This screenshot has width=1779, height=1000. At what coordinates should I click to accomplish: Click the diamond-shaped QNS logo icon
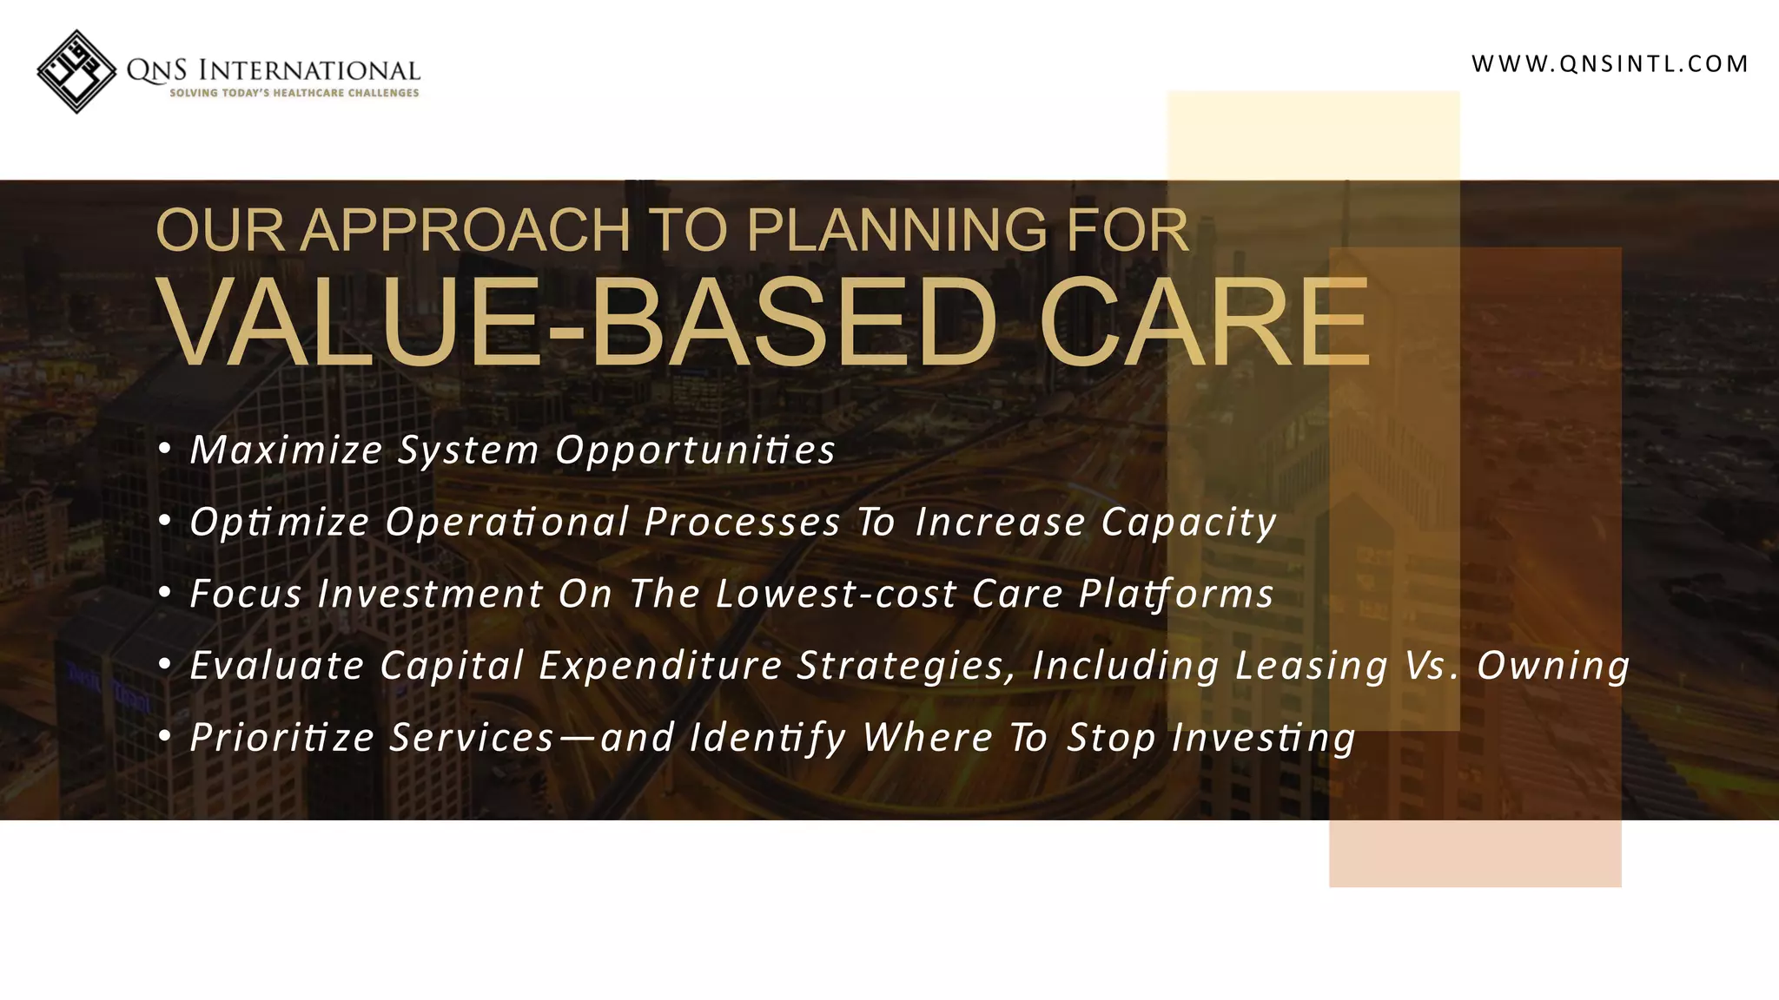76,71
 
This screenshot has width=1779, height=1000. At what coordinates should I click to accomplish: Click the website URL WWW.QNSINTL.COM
1610,64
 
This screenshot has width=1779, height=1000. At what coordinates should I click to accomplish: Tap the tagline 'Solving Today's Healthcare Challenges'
294,93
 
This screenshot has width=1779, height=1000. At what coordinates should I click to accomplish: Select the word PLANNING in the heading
897,231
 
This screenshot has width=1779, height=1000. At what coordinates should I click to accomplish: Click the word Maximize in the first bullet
287,451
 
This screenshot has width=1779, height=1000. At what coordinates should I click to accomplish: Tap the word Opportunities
695,451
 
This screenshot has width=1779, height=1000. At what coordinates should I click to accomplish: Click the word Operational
506,523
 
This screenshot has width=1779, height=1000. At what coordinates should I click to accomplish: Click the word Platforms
1175,595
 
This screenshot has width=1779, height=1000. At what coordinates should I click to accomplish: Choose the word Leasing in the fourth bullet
1312,667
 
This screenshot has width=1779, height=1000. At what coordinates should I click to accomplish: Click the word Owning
1553,667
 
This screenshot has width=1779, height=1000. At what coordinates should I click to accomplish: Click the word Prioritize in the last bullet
282,739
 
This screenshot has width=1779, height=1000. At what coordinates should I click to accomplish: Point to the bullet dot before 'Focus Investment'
165,593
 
